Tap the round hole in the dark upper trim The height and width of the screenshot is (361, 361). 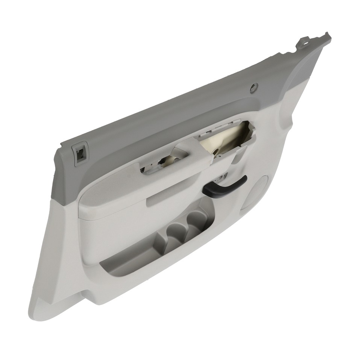254,88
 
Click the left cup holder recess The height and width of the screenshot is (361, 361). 174,232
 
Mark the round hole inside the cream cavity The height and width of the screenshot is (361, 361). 218,152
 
